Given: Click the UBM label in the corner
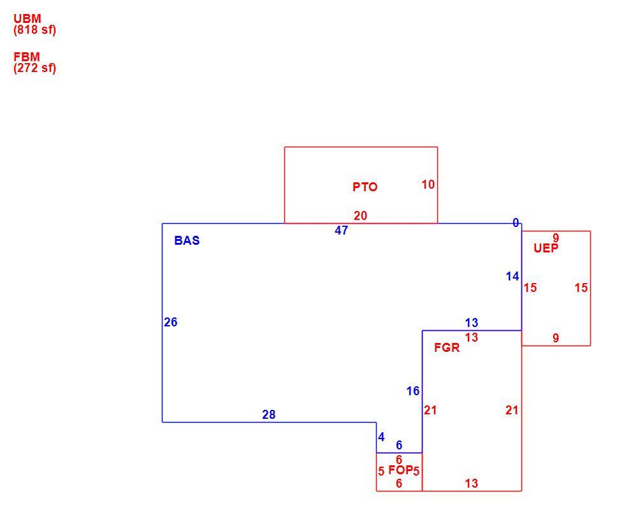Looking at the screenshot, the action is [27, 18].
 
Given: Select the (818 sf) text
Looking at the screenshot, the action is [34, 30].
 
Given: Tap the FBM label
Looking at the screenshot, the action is [27, 57].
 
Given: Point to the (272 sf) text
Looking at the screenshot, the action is [34, 68].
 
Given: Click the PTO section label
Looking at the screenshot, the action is [365, 187].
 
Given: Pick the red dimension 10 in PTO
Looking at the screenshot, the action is [428, 184].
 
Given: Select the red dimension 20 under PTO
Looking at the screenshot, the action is [361, 216].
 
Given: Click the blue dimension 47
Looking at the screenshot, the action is [341, 230].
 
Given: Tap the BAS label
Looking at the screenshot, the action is [187, 240].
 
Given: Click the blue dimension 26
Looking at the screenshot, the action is [171, 322].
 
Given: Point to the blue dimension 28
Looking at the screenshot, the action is [269, 414].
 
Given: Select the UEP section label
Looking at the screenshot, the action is [546, 248].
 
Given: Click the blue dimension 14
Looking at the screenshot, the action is [512, 277].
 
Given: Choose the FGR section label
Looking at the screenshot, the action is [447, 347].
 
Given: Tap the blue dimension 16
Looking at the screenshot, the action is [413, 391].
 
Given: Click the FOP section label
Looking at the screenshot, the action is [400, 470].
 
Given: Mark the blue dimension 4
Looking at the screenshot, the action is [382, 437].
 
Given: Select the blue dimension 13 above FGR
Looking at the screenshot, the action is [472, 323].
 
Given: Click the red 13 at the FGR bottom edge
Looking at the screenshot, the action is [472, 483].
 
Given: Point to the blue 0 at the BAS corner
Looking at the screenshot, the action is [516, 222].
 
